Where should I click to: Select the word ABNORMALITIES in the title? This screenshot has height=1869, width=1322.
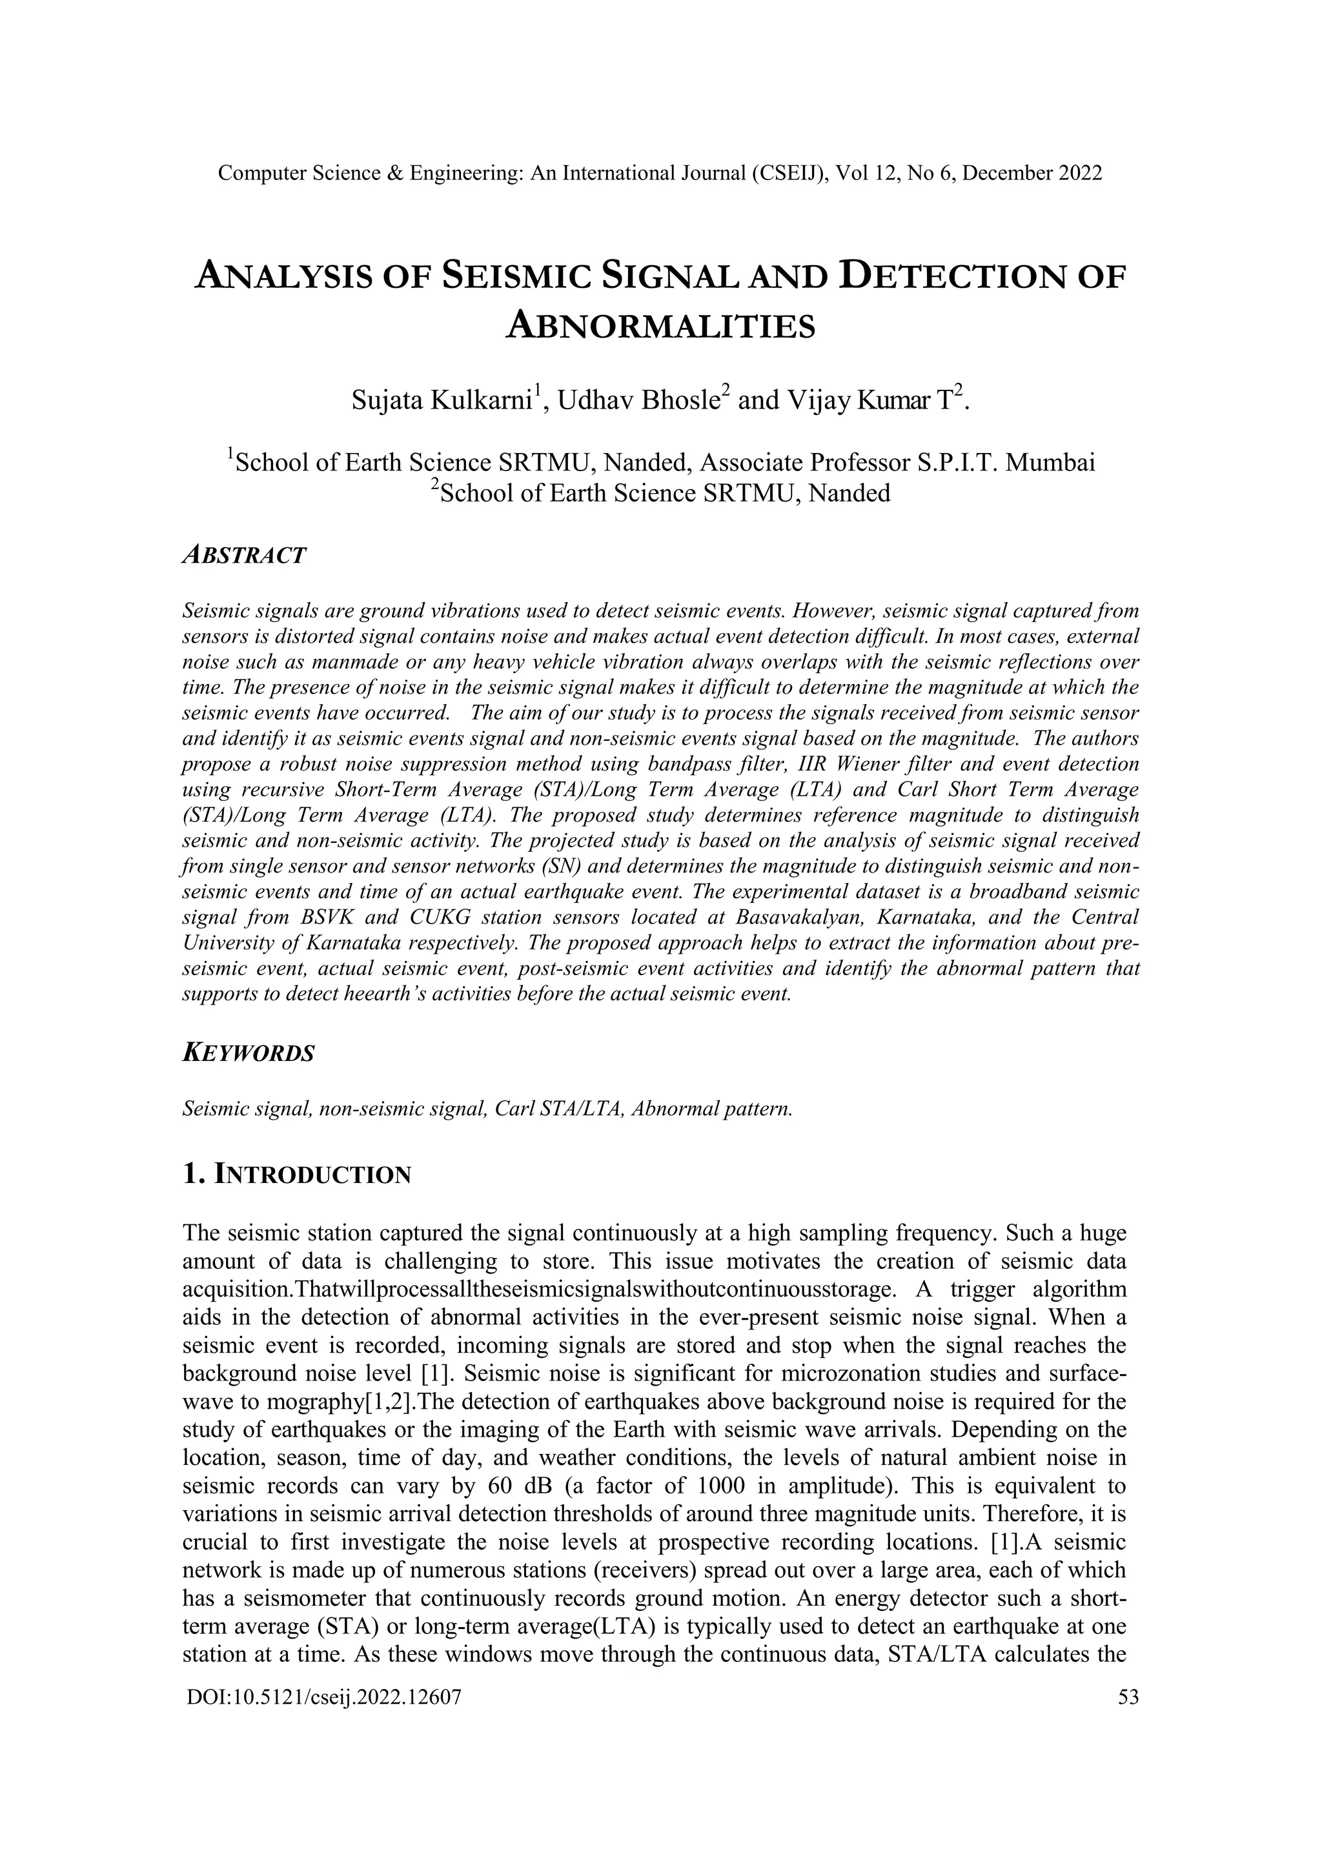click(x=660, y=327)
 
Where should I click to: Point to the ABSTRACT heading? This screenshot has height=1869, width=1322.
click(x=244, y=555)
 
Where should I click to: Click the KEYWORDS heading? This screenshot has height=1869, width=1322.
click(x=249, y=1053)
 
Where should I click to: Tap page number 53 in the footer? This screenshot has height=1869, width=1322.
click(x=1128, y=1697)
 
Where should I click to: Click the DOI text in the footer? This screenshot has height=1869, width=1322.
click(x=324, y=1697)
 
